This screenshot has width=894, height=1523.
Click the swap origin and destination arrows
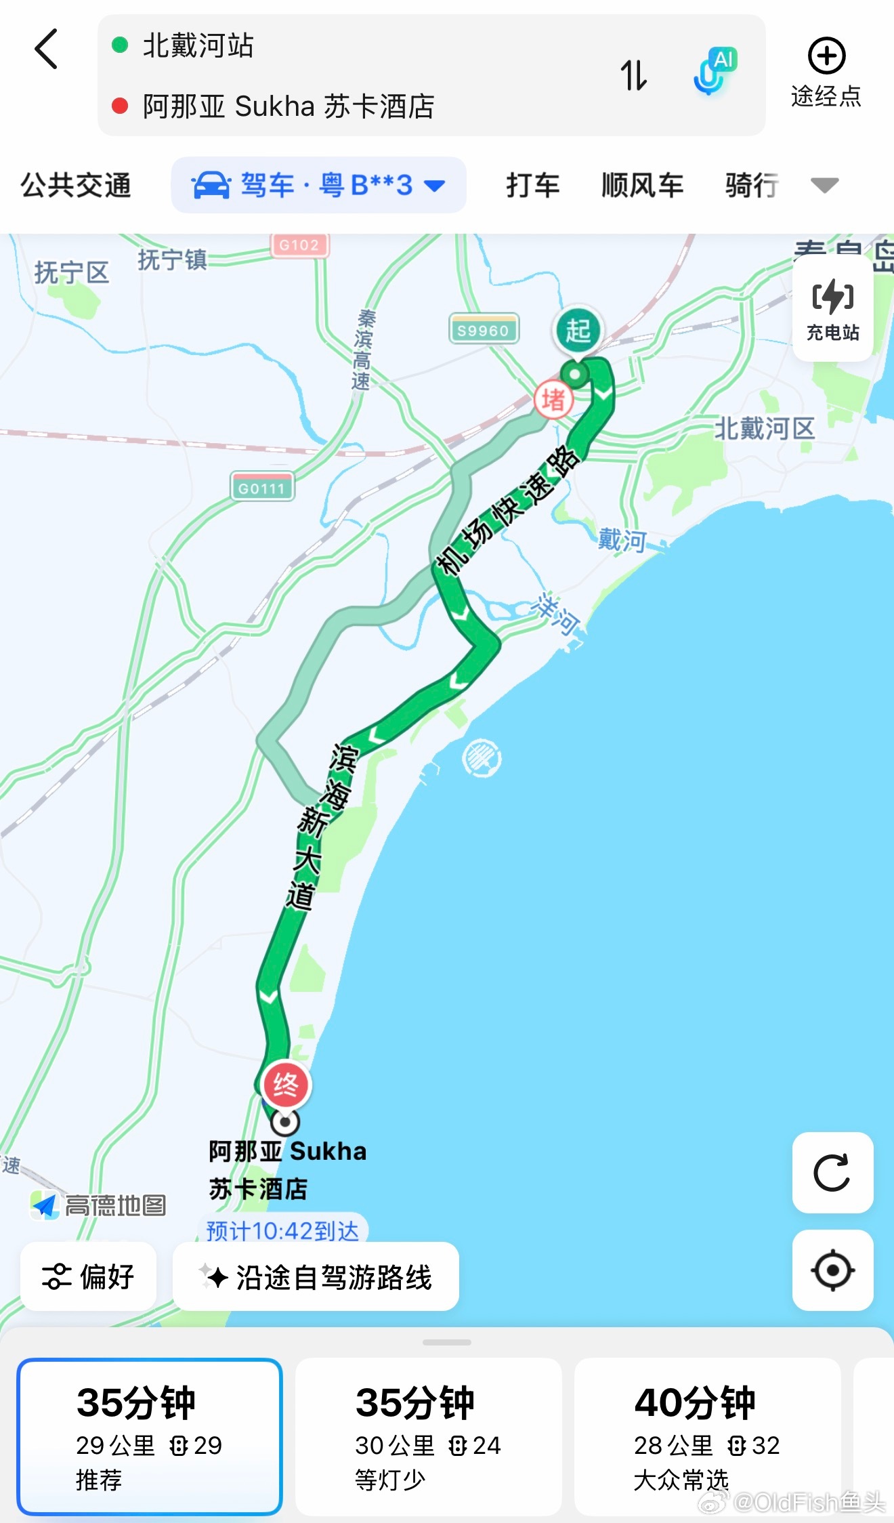tap(634, 75)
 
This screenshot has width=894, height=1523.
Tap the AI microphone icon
tap(712, 72)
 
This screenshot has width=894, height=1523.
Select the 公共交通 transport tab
tap(75, 185)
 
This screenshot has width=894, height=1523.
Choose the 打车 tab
tap(533, 185)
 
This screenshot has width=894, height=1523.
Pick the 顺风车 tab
tap(642, 185)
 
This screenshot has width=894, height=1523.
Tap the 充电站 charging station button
tap(832, 308)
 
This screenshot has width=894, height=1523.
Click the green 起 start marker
tap(578, 331)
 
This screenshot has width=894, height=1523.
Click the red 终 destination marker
tap(286, 1085)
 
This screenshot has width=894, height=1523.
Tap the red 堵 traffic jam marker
tap(553, 400)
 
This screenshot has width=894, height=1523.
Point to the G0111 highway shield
tap(261, 487)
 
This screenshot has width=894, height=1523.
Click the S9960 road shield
tap(483, 329)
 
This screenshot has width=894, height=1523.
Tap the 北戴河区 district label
tap(764, 428)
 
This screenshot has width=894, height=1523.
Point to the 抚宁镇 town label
tap(172, 259)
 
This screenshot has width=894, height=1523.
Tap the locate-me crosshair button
tap(832, 1270)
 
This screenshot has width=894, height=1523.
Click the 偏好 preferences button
tap(89, 1277)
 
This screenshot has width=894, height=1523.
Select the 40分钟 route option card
tap(706, 1436)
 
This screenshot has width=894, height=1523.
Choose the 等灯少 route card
tap(428, 1436)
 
